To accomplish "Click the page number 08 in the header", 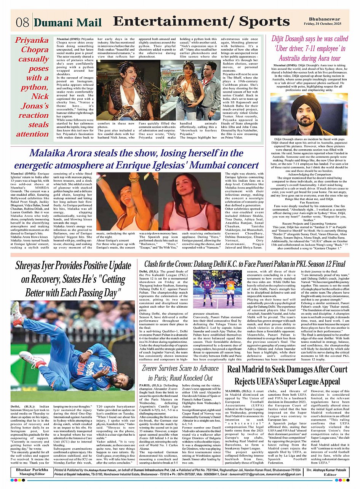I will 22,22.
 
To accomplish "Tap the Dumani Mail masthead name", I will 68,22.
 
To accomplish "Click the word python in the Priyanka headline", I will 33,87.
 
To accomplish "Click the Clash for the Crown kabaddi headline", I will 245,264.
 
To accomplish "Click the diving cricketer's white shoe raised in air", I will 16,312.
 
